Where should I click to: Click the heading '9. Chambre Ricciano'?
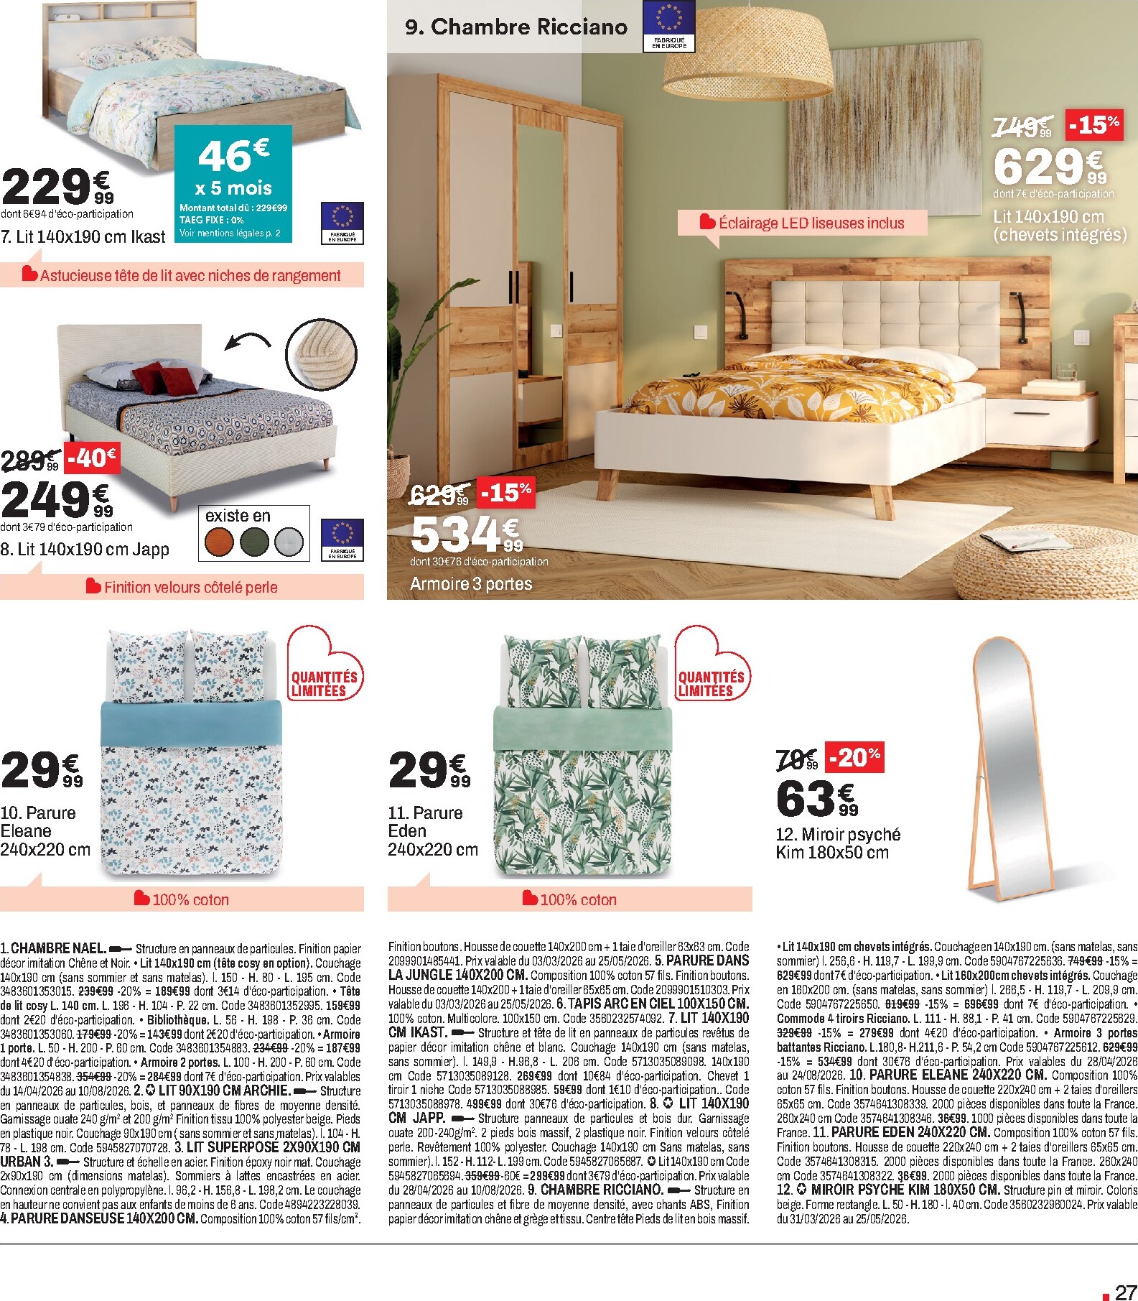tap(516, 27)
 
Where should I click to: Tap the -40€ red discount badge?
tap(92, 458)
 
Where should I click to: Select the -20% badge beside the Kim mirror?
tap(854, 756)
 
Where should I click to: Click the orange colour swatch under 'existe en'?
tap(219, 542)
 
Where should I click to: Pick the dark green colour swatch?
tap(255, 542)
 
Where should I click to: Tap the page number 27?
tap(1125, 1292)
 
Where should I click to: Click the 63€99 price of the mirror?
tap(816, 799)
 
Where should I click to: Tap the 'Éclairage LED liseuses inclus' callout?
tap(802, 223)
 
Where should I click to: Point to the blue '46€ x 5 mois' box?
tap(234, 182)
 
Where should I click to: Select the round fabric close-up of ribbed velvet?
tap(322, 354)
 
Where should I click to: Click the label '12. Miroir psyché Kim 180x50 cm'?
tap(837, 843)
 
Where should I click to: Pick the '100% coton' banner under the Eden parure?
tap(569, 899)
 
